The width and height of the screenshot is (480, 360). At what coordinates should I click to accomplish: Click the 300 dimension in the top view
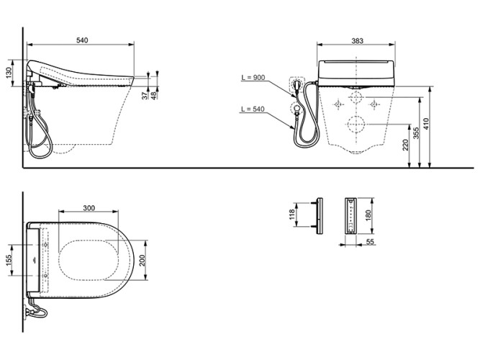click(x=89, y=207)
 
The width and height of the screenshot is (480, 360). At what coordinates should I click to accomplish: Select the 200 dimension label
click(x=143, y=259)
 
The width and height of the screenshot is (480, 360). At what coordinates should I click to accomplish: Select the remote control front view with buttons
click(x=350, y=215)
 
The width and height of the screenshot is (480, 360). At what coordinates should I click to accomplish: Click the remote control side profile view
click(x=317, y=215)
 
